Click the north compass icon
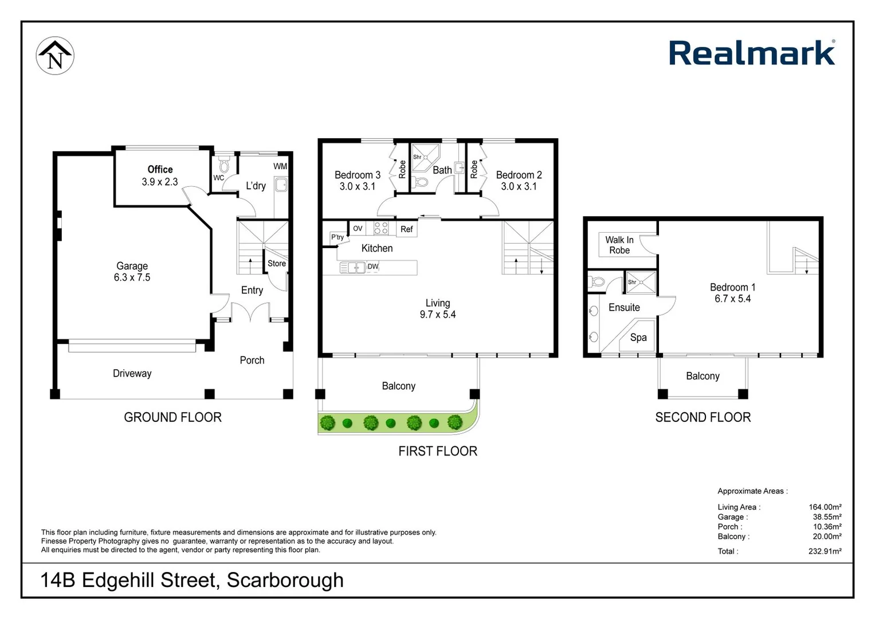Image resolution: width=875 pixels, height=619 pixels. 55,56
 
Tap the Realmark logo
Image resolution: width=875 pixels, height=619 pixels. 752,53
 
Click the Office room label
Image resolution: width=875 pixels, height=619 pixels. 160,170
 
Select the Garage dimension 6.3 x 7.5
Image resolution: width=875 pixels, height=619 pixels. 132,277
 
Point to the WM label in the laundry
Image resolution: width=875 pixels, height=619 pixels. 280,166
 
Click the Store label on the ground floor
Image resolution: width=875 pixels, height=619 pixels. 277,264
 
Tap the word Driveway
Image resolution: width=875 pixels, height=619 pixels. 132,374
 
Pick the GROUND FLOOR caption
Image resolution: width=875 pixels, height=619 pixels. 172,417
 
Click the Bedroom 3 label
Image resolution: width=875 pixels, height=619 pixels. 358,175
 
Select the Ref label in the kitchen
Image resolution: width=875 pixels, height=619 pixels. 407,229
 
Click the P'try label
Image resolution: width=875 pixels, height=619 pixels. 338,237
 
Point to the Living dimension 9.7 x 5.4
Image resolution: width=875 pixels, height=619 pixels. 438,315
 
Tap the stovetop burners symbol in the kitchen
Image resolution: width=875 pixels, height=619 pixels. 381,228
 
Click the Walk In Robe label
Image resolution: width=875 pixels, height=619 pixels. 619,245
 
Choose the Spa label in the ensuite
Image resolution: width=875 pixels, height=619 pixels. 638,338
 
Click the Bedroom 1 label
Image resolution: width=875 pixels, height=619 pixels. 732,287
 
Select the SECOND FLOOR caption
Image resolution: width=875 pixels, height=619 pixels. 703,417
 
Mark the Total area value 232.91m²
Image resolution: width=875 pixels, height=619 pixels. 825,551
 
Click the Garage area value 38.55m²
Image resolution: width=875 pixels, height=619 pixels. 827,517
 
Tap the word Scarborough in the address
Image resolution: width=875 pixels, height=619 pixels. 285,580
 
